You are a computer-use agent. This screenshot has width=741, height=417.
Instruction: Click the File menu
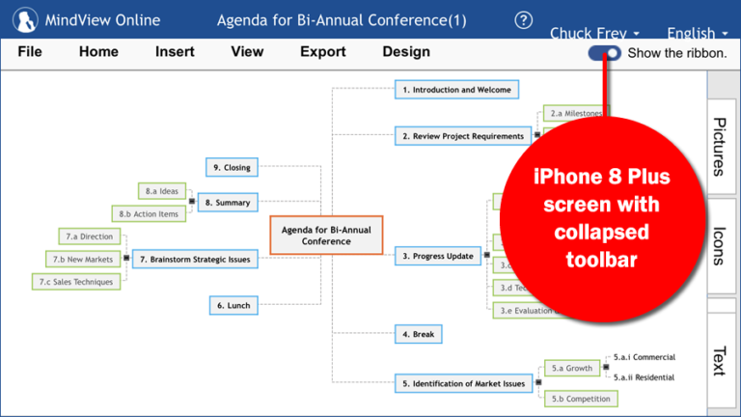29,52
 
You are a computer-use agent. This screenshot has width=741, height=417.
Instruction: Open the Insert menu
175,52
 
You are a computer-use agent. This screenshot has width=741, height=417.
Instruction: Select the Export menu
322,52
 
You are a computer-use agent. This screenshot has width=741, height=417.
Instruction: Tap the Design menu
406,52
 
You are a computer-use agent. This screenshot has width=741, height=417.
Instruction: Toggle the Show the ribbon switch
605,53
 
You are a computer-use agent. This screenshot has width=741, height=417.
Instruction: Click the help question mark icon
524,20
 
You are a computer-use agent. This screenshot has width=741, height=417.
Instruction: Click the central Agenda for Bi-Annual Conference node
326,236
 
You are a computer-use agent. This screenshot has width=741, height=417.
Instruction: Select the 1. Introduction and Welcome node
457,90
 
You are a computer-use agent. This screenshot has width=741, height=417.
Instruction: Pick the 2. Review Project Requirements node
463,136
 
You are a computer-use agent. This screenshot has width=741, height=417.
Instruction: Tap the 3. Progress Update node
438,256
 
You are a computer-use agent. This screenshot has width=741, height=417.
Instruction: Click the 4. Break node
418,334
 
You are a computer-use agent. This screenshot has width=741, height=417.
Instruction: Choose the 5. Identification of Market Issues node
463,383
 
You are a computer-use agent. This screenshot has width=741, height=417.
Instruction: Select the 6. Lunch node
233,305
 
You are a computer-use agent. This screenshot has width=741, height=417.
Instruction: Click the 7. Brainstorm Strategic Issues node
194,259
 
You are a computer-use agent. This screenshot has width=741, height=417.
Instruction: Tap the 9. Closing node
232,167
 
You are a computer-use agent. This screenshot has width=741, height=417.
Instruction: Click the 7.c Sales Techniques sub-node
89,282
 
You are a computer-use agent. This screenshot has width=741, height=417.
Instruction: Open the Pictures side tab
720,146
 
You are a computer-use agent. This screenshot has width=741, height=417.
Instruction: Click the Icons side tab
720,245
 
